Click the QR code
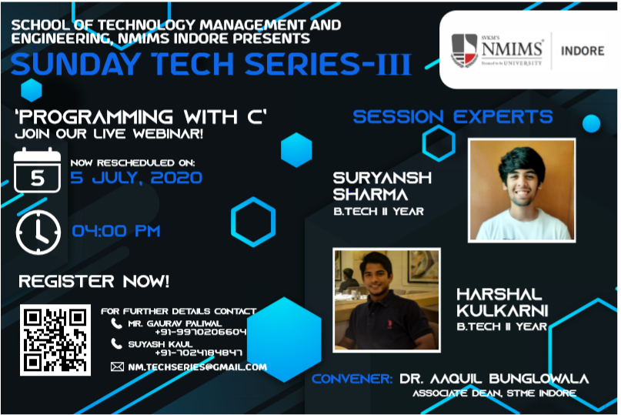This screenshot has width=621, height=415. point(55,340)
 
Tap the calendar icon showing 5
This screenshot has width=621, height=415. point(37,170)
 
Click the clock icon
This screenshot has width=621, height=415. point(38,233)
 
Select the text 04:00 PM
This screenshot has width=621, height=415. point(116,231)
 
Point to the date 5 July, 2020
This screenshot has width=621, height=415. point(136,178)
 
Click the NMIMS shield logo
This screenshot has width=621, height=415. point(464,51)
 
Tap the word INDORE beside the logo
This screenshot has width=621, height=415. point(583,51)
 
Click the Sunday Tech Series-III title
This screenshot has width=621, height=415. point(211,64)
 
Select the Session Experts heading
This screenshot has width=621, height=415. point(452,116)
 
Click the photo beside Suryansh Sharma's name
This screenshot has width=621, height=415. point(522,190)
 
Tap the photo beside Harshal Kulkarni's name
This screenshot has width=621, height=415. point(386,300)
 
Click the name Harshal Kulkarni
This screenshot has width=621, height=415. point(502,303)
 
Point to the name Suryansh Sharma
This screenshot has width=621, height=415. point(382,186)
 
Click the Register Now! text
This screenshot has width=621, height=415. point(94,282)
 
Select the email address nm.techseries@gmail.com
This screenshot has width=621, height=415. point(197,367)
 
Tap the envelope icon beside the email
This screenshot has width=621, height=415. point(117,366)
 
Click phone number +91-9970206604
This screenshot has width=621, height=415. point(200,332)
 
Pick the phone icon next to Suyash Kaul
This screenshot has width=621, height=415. point(116,343)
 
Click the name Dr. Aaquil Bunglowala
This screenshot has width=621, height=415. point(494,379)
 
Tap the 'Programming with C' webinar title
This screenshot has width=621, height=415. point(141,116)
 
